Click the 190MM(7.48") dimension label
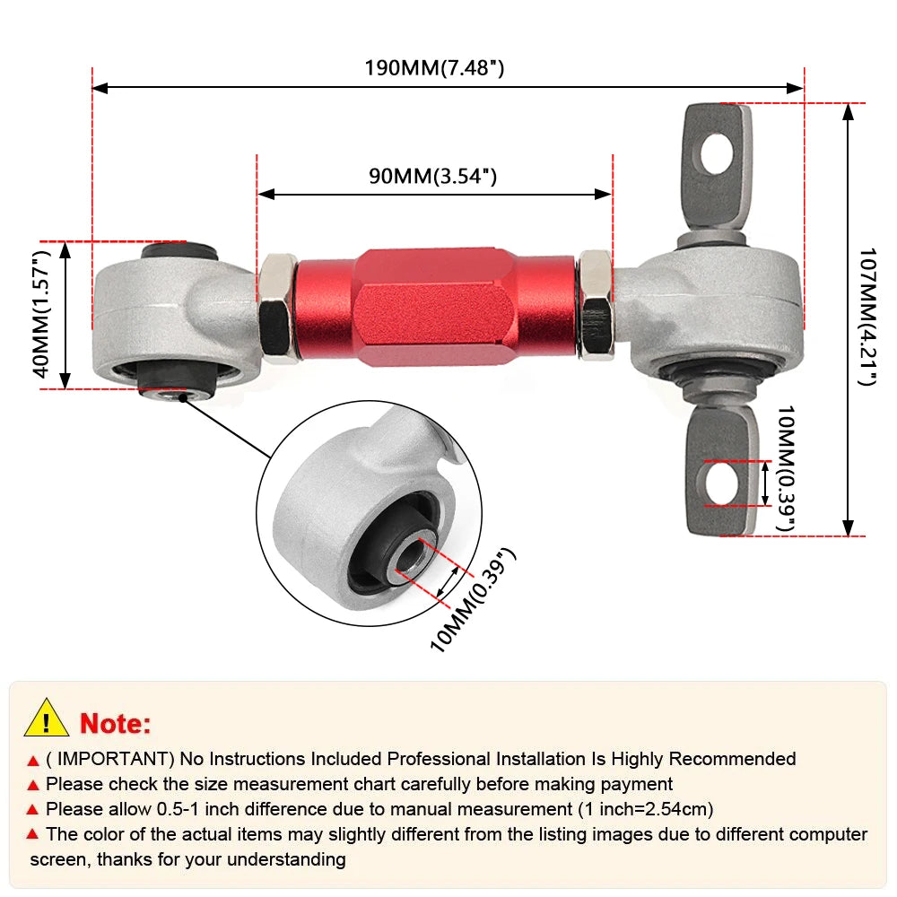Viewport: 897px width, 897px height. [433, 68]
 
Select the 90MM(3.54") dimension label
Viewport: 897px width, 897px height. [432, 176]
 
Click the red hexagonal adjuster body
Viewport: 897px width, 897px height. [436, 308]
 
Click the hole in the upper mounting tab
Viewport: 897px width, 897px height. [715, 152]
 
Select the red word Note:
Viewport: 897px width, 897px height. [116, 723]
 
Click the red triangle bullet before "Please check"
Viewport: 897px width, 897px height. [34, 785]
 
